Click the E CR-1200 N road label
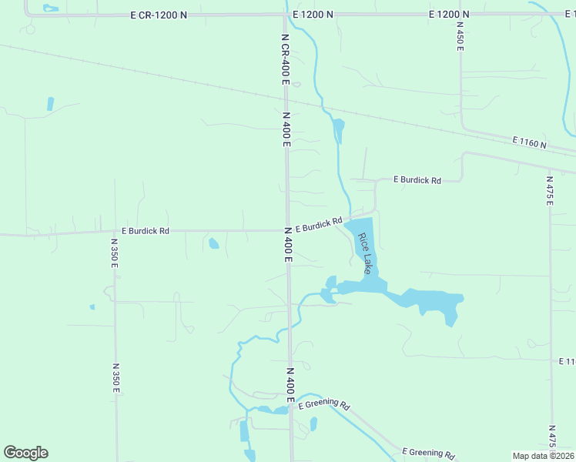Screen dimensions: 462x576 (159, 15)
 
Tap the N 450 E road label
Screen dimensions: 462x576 (460, 37)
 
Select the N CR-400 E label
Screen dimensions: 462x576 (285, 55)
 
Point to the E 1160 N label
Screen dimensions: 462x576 (529, 143)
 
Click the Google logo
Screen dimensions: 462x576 (25, 453)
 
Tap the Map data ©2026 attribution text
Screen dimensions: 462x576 (543, 456)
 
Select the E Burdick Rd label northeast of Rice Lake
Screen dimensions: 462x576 (417, 180)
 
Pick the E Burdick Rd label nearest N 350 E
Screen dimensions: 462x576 (145, 230)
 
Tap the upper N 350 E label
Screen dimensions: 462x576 (114, 254)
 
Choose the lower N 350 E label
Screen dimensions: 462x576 (116, 378)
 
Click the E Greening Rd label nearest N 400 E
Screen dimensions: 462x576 (323, 405)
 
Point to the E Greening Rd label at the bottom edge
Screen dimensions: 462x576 (428, 453)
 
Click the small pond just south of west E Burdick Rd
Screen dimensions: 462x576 (213, 244)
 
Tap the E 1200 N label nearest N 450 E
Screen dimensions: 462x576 (449, 15)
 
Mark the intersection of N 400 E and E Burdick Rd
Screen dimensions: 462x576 (287, 230)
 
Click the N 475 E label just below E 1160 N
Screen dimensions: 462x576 (550, 190)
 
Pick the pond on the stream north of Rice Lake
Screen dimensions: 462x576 (337, 128)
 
